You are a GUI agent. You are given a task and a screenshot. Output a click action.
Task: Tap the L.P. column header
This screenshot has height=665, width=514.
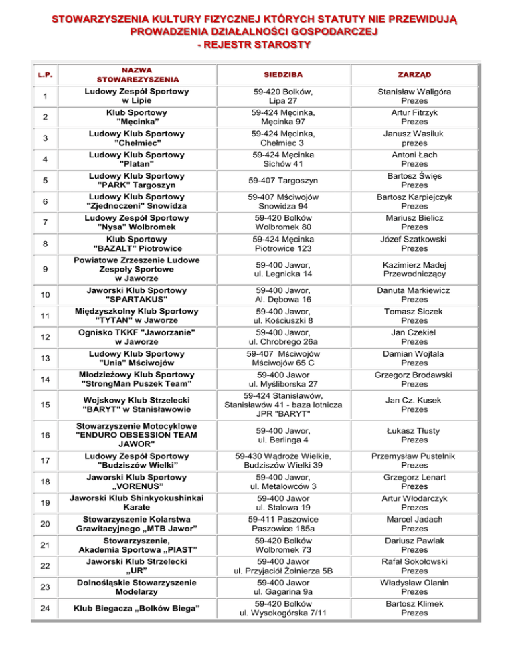pos(27,74)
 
